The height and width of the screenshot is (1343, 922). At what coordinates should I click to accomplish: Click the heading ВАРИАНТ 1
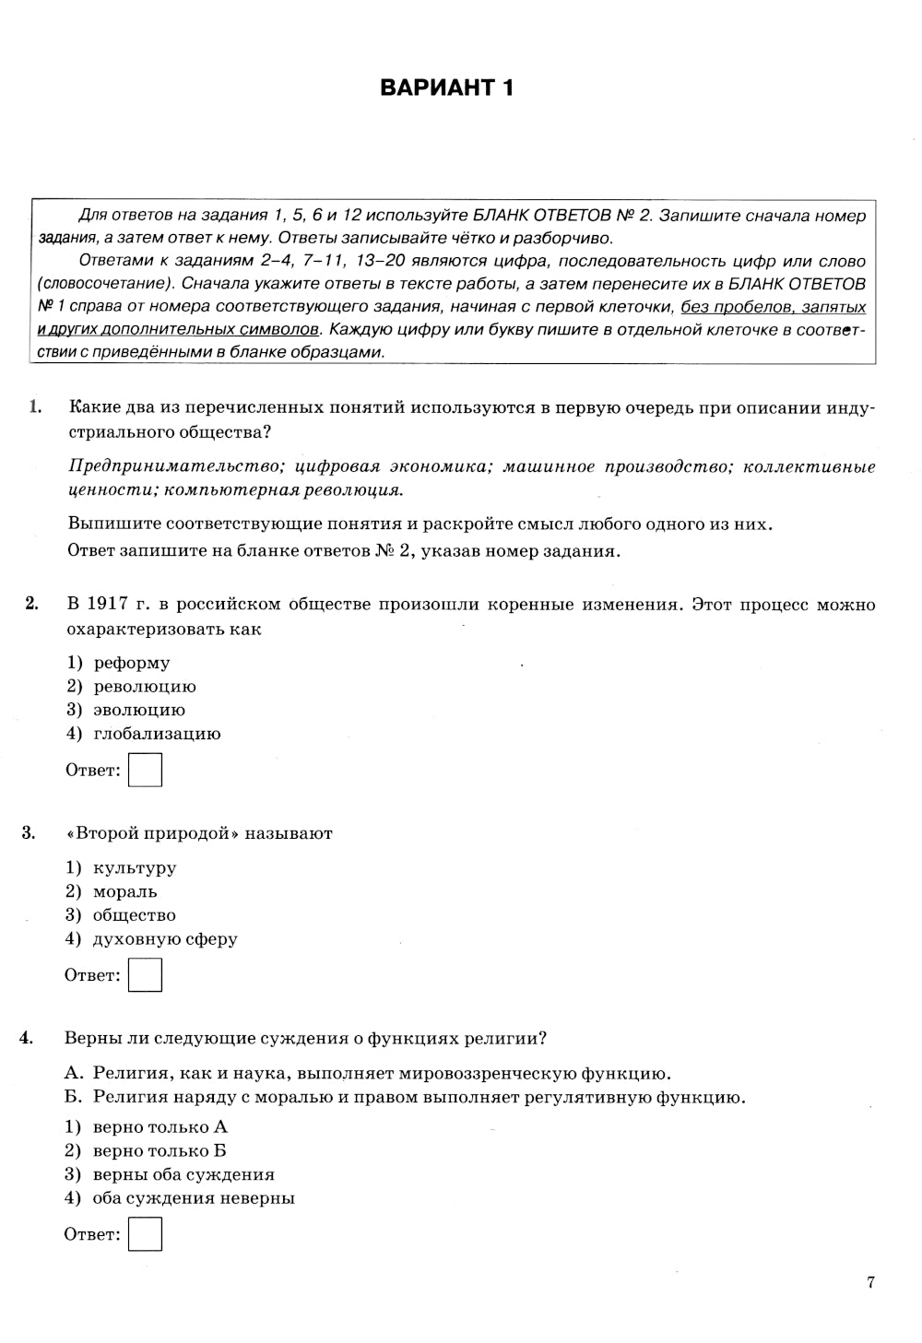[446, 88]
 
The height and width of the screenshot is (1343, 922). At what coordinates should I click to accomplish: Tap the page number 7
[870, 1282]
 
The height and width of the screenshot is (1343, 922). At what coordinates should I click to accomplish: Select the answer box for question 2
[145, 770]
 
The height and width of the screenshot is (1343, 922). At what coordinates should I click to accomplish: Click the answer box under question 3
[145, 975]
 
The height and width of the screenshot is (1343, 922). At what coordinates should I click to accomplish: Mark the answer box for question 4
[145, 1234]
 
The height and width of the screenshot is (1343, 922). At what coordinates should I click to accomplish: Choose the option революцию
[145, 687]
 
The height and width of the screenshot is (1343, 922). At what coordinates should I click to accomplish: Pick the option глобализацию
[157, 735]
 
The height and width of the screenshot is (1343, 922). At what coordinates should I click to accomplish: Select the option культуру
[135, 868]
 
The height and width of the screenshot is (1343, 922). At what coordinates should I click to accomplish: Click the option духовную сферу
[165, 939]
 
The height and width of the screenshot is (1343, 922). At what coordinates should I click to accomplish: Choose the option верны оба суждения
[183, 1175]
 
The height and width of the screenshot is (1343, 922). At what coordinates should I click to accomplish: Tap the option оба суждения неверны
[194, 1199]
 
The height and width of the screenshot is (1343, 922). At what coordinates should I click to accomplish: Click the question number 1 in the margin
[35, 407]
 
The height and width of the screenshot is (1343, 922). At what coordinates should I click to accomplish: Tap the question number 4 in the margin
[27, 1039]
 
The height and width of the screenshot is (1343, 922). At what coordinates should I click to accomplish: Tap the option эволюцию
[139, 711]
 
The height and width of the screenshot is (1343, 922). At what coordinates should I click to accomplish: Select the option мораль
[125, 892]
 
